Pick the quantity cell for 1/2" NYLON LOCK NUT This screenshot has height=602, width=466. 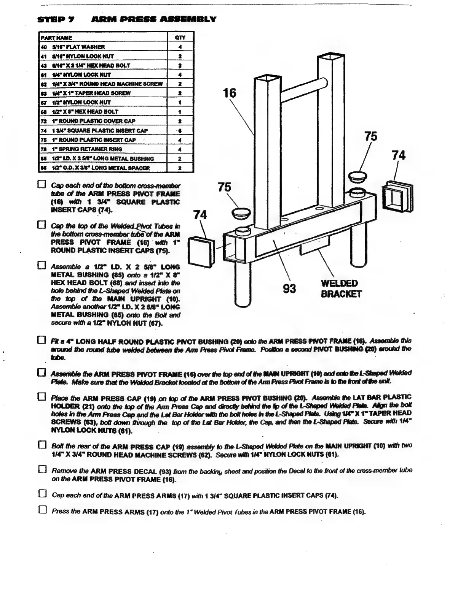tap(180, 103)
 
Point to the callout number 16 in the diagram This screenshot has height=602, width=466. tap(229, 92)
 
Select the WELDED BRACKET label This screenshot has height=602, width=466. tap(340, 288)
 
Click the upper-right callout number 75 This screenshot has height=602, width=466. tap(370, 136)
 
